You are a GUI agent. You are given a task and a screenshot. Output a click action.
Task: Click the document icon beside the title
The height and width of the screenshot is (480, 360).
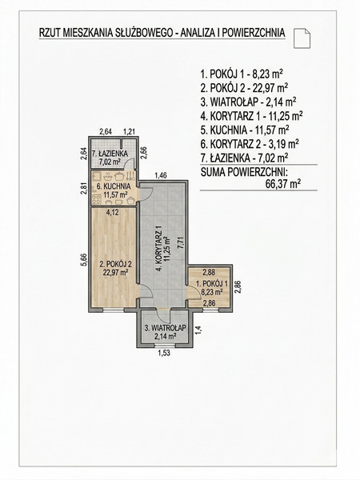[x=302, y=38]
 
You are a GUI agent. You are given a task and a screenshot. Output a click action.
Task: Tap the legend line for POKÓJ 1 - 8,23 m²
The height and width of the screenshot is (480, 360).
[x=242, y=74]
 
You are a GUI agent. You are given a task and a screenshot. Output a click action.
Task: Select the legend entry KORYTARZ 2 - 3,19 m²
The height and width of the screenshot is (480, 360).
[x=250, y=144]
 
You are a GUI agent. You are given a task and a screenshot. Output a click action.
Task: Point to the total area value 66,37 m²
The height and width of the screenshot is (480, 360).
[x=283, y=185]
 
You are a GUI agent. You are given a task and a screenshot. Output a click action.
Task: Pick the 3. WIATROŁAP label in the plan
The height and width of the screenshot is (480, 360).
[x=166, y=328]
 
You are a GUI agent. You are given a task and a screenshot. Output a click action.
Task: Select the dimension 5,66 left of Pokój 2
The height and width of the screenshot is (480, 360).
[x=85, y=260]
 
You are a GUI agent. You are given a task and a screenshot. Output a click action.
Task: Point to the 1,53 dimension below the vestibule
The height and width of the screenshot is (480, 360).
[x=164, y=353]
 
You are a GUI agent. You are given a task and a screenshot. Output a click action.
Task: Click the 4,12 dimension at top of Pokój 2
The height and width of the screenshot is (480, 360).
[x=112, y=212]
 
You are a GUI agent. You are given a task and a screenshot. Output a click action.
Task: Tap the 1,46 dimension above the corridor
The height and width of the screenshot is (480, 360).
[x=161, y=175]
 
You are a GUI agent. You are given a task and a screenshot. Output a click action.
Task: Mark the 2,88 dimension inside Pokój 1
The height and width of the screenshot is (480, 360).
[x=209, y=272]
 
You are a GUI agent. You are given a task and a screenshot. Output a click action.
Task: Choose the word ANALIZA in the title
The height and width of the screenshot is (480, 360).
[x=193, y=33]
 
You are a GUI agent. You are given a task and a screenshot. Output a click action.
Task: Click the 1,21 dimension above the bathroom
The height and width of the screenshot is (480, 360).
[x=130, y=132]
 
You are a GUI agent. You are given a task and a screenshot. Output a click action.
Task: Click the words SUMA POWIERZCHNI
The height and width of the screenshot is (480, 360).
[x=243, y=172]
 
